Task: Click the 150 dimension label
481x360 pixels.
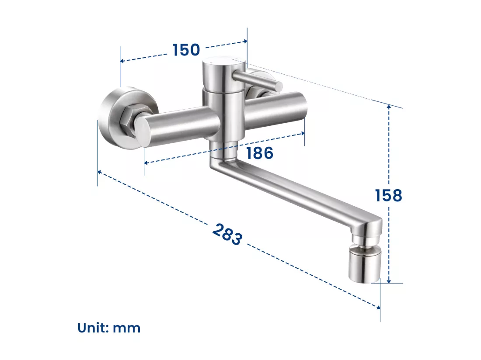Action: pyautogui.click(x=186, y=50)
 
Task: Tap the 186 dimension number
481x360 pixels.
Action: pyautogui.click(x=259, y=153)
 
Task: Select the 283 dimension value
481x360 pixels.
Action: pyautogui.click(x=227, y=234)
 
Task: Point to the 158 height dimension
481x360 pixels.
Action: pyautogui.click(x=388, y=195)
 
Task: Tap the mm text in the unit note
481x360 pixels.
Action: pyautogui.click(x=127, y=329)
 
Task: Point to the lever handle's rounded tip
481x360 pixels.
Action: pyautogui.click(x=279, y=87)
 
